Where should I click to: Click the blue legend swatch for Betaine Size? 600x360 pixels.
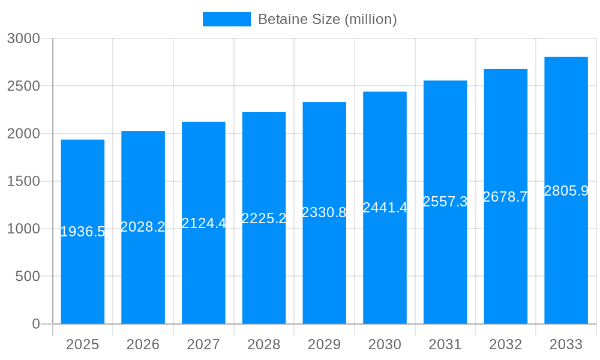click(x=226, y=19)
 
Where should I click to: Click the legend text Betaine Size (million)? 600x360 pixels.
click(x=327, y=19)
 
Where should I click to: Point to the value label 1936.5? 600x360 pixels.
click(x=83, y=232)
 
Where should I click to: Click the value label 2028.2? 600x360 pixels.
click(x=143, y=227)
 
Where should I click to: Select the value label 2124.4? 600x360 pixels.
click(x=203, y=223)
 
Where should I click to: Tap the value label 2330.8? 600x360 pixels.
click(x=324, y=212)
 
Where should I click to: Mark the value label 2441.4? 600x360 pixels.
click(x=385, y=208)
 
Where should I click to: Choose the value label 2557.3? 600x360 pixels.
click(x=445, y=202)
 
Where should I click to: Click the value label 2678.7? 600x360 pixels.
click(x=505, y=197)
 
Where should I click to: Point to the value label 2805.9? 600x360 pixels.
click(x=566, y=191)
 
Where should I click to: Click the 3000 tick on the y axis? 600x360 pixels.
click(x=23, y=38)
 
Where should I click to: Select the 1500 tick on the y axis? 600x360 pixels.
click(x=23, y=181)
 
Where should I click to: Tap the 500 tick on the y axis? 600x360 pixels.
click(x=27, y=277)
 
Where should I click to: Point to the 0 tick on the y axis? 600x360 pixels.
click(x=35, y=324)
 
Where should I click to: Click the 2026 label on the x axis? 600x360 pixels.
click(x=143, y=344)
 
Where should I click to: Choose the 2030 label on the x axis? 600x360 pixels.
click(x=385, y=344)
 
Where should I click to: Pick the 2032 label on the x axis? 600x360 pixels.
click(x=505, y=344)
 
